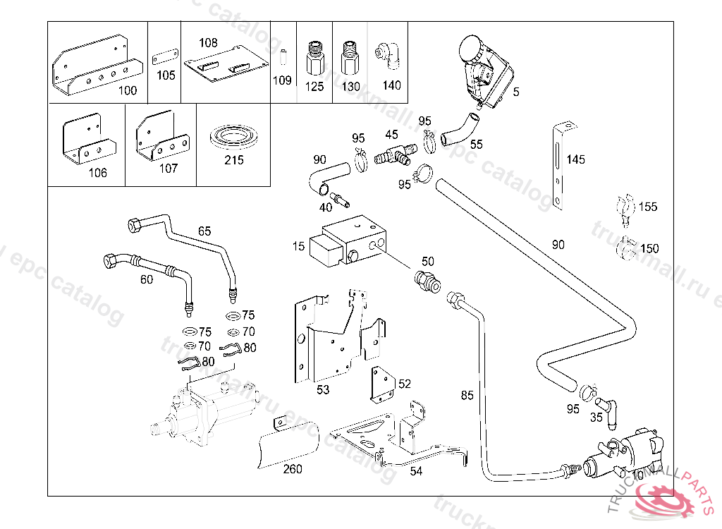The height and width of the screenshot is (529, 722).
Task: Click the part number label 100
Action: coord(128,90)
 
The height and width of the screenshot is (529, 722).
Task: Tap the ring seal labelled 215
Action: coord(233,138)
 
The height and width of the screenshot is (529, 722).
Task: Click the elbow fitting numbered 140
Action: coord(388,56)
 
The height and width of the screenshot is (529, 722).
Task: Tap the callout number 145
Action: coord(575,159)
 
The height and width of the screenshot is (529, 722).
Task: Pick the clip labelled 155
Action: coord(623,206)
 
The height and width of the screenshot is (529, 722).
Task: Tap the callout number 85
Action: coord(467,395)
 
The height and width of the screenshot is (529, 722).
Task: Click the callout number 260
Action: coord(293,469)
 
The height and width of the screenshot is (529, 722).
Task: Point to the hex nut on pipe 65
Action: coord(132,226)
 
